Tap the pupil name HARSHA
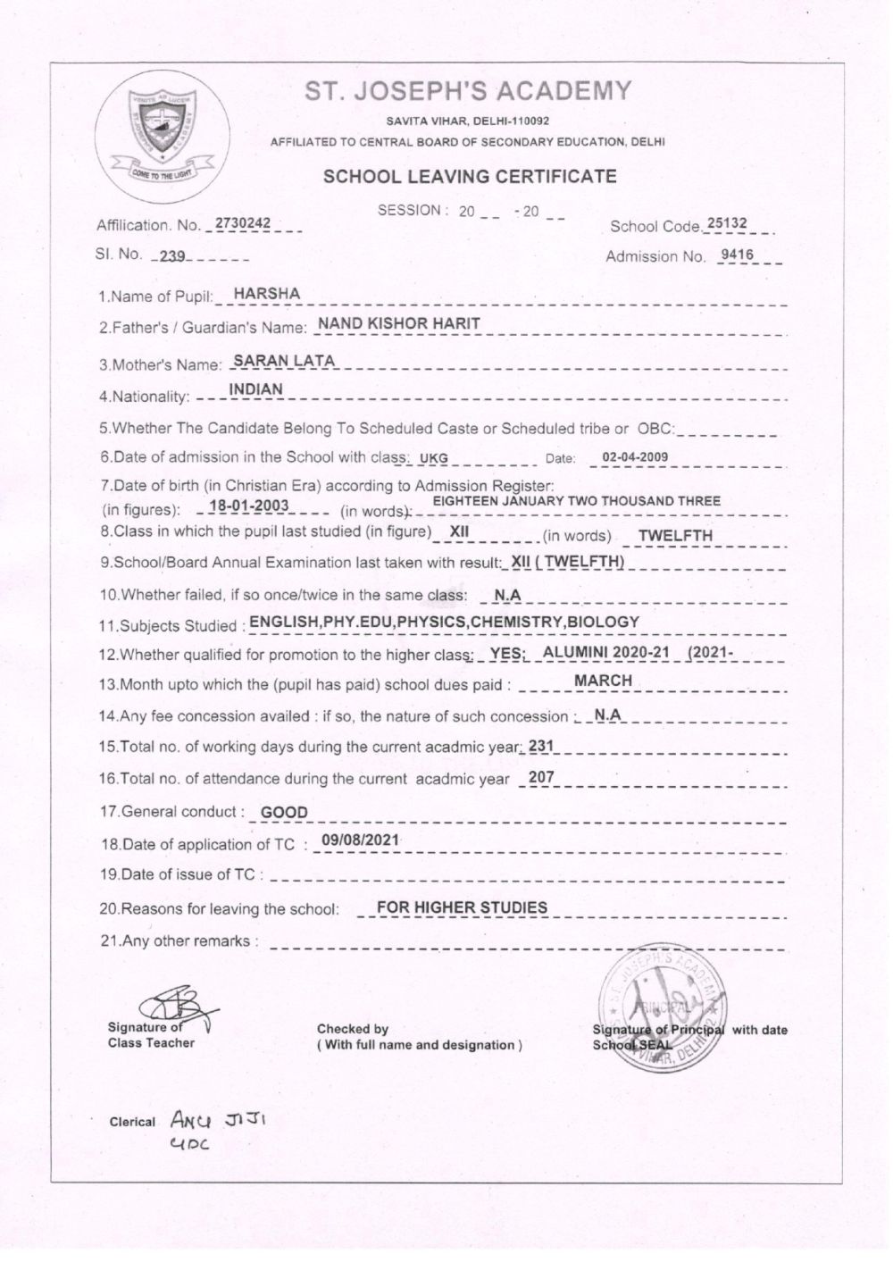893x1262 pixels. point(266,294)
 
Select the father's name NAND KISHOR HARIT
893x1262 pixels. point(399,323)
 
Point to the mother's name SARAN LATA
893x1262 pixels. point(283,361)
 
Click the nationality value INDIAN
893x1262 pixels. point(256,389)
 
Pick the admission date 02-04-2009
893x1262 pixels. point(635,457)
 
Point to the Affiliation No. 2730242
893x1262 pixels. point(243,223)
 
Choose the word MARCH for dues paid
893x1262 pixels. point(603,681)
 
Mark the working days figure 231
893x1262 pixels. point(541,745)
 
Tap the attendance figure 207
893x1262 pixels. point(541,778)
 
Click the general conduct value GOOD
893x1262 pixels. point(284,813)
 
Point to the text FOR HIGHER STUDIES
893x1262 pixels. point(462,908)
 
